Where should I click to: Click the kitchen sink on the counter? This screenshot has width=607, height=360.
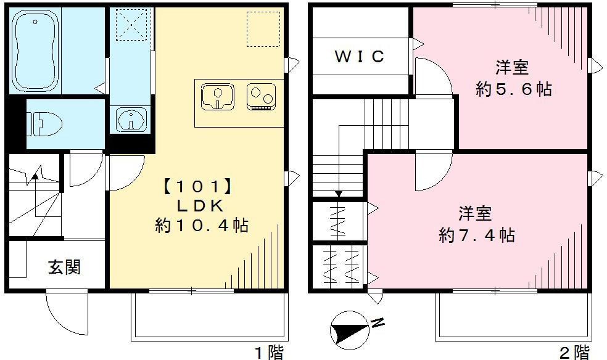(x=217, y=96)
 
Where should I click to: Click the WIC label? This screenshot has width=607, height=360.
(x=360, y=57)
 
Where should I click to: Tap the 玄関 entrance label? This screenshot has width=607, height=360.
(x=65, y=268)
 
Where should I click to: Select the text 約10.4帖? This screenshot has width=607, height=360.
(x=201, y=226)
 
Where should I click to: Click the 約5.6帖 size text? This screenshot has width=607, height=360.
(x=513, y=89)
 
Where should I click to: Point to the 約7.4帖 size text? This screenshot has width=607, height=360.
(x=476, y=235)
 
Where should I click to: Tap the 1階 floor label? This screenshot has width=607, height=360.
(x=269, y=352)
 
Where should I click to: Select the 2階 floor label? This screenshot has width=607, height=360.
(x=574, y=352)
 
